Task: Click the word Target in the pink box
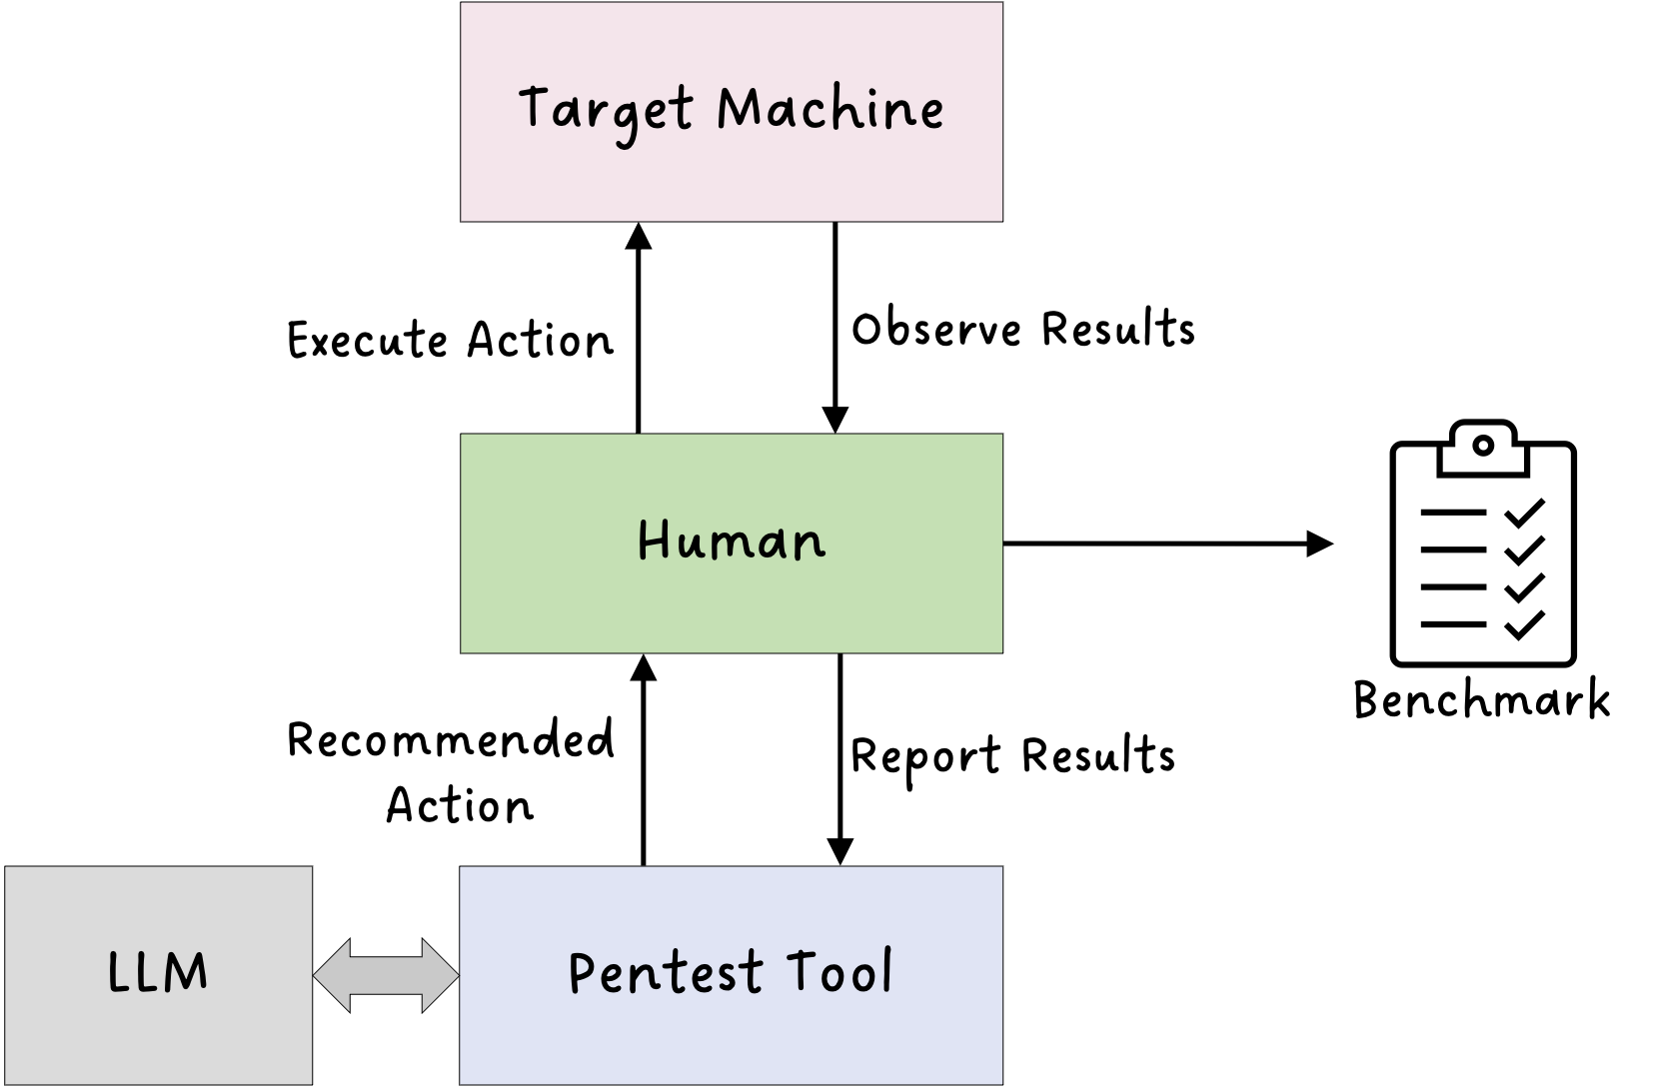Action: point(605,110)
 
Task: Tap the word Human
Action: point(732,541)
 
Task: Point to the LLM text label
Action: point(158,972)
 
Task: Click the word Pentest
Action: point(666,972)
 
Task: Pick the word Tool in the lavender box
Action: point(838,971)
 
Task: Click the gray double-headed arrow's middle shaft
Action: point(386,975)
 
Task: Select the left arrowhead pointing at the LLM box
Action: point(330,975)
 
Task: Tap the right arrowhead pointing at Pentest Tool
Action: point(442,975)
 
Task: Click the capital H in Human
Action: point(652,540)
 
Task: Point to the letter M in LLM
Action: point(186,972)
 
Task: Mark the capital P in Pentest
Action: point(581,972)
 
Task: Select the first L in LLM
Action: point(117,972)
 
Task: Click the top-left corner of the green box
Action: point(462,436)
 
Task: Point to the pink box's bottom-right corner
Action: point(1000,219)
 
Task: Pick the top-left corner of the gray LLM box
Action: point(7,868)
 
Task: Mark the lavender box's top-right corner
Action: point(1000,868)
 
